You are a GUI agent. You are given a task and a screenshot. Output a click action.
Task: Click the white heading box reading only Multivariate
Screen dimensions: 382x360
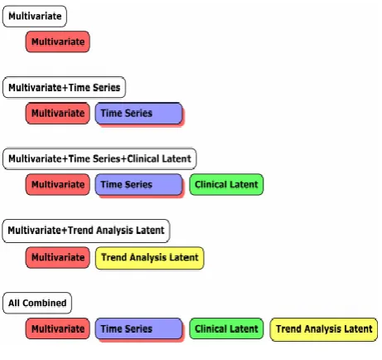(35, 16)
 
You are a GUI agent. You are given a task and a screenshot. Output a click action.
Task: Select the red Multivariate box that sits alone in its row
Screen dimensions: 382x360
(58, 41)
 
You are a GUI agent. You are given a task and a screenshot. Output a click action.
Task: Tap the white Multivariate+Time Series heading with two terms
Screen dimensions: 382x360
(64, 87)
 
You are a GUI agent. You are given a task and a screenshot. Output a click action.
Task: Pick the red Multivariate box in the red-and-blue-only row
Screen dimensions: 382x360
(58, 113)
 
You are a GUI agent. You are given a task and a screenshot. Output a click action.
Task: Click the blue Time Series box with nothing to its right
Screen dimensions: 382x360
(138, 114)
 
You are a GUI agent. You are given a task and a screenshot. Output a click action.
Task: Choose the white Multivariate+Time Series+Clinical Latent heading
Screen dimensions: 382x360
(99, 158)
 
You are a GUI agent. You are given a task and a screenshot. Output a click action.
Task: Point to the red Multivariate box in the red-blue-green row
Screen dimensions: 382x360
(58, 184)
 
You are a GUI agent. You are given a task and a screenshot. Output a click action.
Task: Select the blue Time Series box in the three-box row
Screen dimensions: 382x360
(138, 185)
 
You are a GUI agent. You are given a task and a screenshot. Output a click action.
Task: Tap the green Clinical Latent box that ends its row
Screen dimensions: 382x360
(226, 184)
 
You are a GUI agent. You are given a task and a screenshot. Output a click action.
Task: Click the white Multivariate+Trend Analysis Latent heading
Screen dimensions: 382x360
(86, 231)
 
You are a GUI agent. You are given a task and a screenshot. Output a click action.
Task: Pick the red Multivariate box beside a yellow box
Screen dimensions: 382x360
(58, 257)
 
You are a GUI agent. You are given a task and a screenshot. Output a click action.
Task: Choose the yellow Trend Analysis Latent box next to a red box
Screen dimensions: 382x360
(150, 258)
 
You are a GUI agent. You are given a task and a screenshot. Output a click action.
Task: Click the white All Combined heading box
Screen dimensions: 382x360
(37, 303)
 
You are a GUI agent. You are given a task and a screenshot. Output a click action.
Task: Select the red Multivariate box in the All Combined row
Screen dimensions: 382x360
(58, 328)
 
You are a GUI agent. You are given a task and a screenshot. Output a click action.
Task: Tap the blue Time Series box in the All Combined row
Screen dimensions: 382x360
(138, 329)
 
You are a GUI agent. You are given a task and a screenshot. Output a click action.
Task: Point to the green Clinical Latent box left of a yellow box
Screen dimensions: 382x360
(226, 328)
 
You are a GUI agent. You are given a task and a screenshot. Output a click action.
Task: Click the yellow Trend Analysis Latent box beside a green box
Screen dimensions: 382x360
(324, 329)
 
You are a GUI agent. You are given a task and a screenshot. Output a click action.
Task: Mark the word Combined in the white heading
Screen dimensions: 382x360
(45, 303)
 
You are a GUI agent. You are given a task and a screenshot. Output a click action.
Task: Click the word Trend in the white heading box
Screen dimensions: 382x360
(81, 230)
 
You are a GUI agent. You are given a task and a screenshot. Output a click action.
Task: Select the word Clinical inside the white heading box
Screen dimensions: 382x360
(143, 158)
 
